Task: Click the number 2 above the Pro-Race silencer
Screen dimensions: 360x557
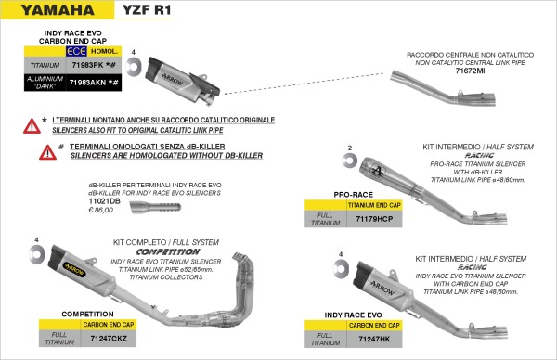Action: coord(349,148)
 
